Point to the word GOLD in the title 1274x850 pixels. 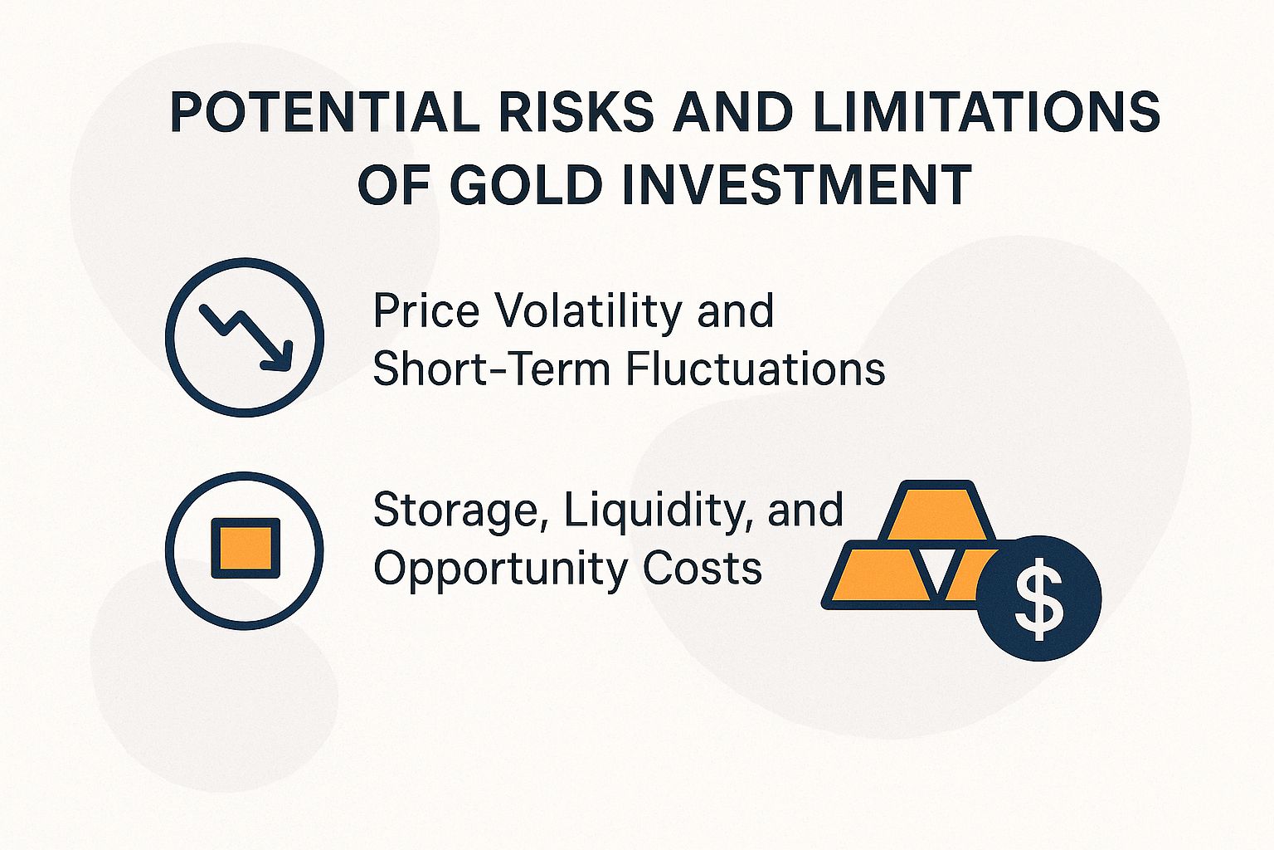coord(529,184)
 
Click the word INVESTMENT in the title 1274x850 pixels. coord(795,184)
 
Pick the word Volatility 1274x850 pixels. coord(589,310)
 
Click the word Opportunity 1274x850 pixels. coord(501,570)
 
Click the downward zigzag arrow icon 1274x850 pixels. coord(246,336)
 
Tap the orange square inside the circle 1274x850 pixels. coord(246,549)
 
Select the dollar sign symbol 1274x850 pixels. coord(1038,598)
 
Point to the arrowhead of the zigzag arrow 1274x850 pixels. coord(279,357)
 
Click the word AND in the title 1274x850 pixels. coord(732,112)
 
